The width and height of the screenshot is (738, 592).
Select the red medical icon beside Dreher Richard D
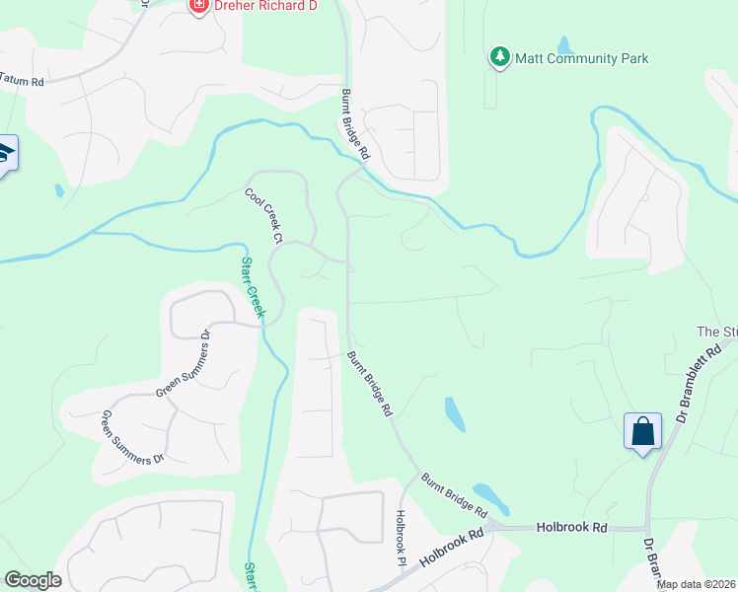(x=198, y=5)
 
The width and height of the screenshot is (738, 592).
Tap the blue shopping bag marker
(x=642, y=432)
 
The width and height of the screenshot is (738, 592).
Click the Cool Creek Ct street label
(x=264, y=217)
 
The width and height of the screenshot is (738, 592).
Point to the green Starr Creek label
(x=254, y=287)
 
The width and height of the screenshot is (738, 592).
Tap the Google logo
(x=33, y=580)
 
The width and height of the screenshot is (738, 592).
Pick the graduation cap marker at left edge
(x=5, y=155)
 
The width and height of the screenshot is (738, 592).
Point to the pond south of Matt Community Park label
(x=564, y=45)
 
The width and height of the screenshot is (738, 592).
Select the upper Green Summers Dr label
(x=184, y=364)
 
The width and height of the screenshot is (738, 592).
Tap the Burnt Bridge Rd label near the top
(x=355, y=125)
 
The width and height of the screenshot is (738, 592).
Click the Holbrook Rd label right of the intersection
(x=571, y=528)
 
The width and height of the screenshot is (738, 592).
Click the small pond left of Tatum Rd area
(x=59, y=190)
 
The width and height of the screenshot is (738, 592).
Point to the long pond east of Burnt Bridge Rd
(x=455, y=413)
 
